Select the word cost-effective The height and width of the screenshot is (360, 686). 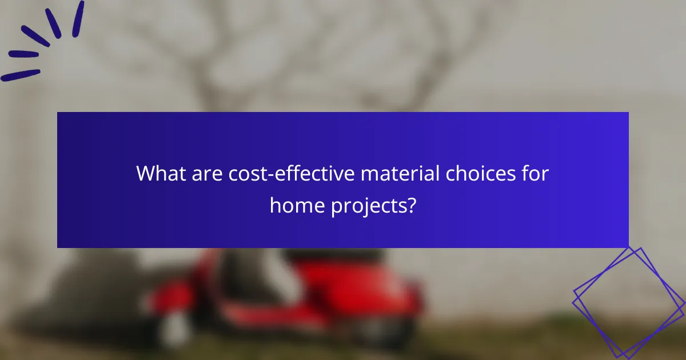click(289, 174)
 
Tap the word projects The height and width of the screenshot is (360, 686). click(367, 206)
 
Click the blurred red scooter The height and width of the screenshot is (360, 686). click(320, 297)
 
